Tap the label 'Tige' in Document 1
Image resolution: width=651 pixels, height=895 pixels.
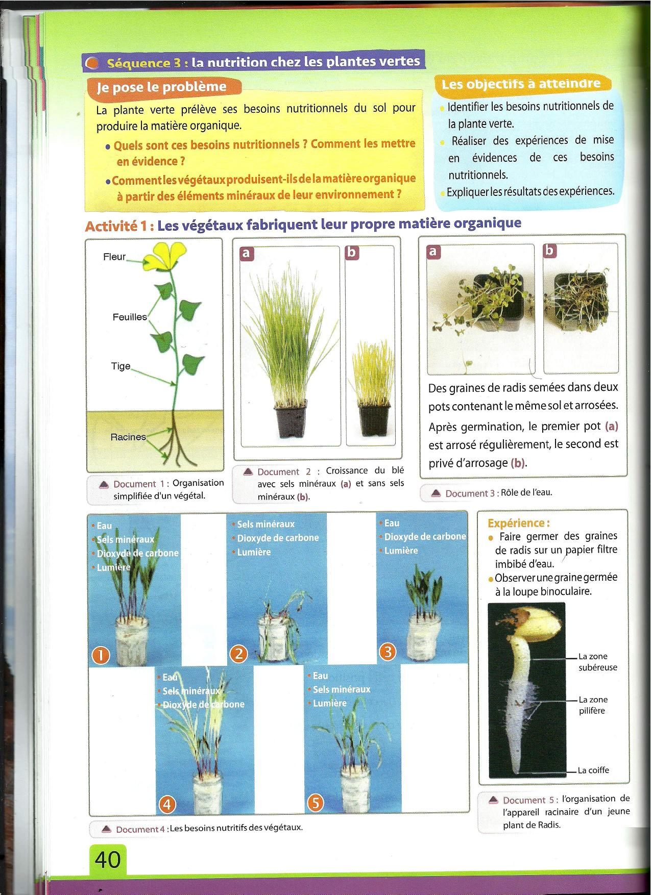point(121,366)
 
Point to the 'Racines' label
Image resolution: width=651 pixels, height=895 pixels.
point(128,437)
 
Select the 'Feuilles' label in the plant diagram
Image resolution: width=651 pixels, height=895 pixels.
point(130,317)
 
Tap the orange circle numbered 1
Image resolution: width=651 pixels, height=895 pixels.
point(101,655)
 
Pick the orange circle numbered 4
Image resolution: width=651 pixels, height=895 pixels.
point(167,805)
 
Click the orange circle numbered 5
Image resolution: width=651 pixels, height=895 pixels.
point(316,803)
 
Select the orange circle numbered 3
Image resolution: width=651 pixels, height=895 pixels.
point(388,652)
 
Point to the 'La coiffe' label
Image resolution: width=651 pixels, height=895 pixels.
point(594,770)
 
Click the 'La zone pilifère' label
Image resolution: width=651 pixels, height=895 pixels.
point(593,705)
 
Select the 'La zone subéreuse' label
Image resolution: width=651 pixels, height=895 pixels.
point(598,662)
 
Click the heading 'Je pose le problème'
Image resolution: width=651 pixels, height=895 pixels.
point(162,87)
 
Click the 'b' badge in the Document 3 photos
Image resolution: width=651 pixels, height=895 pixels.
point(550,251)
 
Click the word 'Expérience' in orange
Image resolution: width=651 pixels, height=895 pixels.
point(516,523)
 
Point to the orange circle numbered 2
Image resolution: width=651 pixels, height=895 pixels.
point(238,654)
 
